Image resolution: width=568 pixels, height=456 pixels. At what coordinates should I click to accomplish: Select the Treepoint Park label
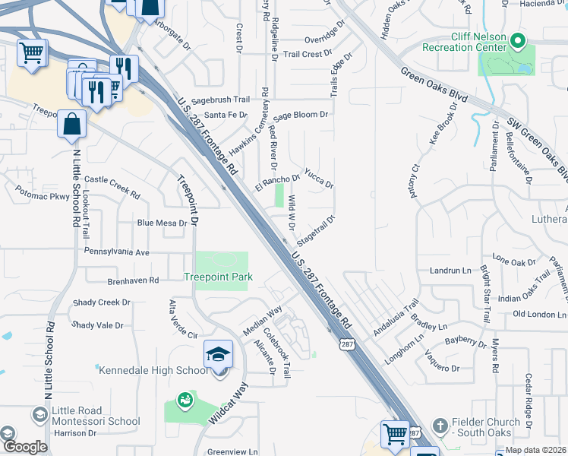218,277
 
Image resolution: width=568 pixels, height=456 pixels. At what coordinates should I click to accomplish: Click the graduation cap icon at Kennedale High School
218,355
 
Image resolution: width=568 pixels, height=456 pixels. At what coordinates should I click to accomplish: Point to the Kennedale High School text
153,370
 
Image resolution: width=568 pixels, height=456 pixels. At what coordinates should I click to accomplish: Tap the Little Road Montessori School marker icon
39,413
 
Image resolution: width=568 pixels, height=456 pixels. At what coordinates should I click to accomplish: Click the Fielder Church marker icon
440,425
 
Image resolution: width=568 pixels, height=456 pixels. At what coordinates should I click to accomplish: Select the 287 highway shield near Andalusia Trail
347,344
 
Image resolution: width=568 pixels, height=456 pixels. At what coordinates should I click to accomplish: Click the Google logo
24,448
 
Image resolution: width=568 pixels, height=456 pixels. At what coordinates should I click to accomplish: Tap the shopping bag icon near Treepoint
71,124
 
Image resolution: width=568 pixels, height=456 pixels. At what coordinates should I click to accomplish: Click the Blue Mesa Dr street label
161,223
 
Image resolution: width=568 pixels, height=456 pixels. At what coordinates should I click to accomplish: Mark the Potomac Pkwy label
42,195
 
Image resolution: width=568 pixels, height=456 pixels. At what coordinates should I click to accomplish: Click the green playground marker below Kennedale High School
185,399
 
